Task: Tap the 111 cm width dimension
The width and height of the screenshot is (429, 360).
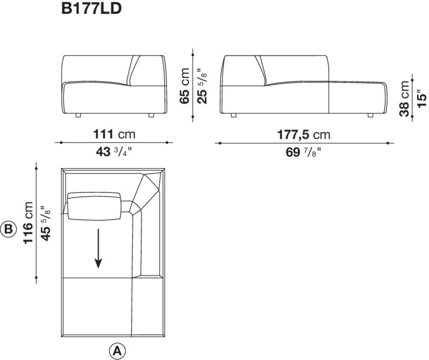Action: [x=114, y=134]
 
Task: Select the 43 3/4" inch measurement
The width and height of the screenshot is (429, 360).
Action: [x=114, y=153]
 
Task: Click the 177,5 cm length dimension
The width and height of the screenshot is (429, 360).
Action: [x=304, y=134]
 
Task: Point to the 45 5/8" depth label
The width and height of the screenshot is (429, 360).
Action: [x=46, y=222]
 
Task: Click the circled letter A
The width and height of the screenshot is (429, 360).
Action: [x=117, y=351]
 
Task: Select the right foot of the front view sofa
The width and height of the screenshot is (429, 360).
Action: [x=151, y=115]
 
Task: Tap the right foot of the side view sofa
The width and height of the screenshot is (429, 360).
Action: [x=370, y=115]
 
